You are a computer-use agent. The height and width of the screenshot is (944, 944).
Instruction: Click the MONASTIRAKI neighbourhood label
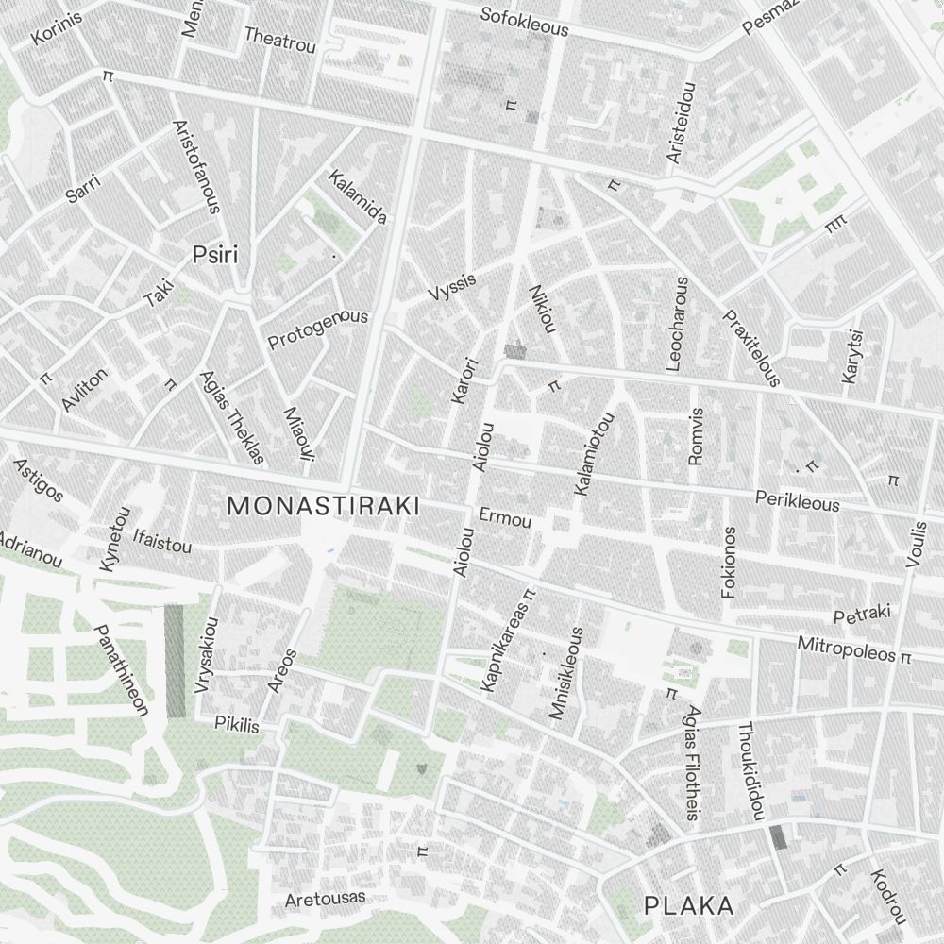click(x=324, y=506)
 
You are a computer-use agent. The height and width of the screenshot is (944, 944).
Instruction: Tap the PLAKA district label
click(x=688, y=906)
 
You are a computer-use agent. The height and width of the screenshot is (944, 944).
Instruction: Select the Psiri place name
click(x=214, y=254)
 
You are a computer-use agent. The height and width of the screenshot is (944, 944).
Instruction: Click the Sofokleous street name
click(x=524, y=22)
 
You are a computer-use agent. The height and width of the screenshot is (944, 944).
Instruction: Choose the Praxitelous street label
click(x=751, y=347)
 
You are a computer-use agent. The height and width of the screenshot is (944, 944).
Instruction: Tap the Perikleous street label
click(x=798, y=500)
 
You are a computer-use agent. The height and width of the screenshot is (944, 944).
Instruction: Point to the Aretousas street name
click(x=325, y=899)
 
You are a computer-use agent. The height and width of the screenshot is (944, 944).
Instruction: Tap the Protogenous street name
click(x=317, y=329)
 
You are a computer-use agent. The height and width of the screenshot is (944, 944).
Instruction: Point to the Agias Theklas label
click(x=231, y=416)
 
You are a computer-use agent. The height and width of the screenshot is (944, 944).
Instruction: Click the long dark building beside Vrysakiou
click(x=175, y=661)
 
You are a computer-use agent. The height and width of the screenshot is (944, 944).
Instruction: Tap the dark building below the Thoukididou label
click(x=778, y=836)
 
